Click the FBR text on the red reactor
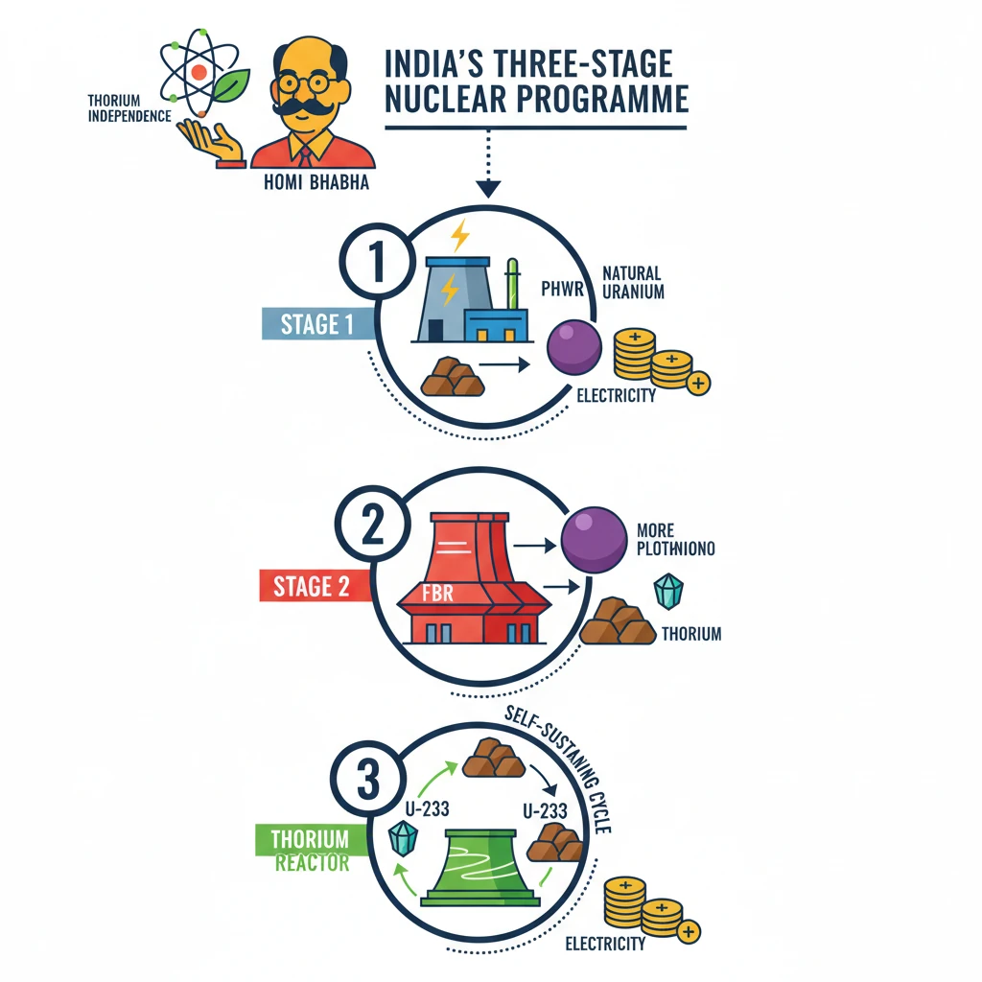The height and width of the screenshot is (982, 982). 437,594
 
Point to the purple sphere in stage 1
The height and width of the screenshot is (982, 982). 573,347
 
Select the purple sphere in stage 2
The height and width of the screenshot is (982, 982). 593,540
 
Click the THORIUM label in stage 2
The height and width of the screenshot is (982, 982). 691,634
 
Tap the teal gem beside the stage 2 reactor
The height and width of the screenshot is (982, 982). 667,592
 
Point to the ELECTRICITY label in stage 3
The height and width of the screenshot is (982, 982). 605,945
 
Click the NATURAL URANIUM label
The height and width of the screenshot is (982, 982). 633,282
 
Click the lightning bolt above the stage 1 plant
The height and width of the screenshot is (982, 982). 461,233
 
